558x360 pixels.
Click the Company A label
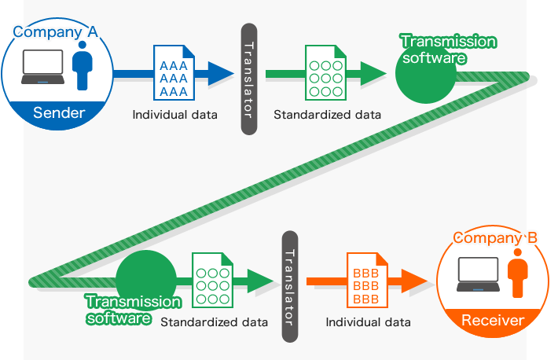coord(54,32)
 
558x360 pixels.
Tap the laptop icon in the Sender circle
coord(45,68)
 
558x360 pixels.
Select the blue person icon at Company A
coord(81,66)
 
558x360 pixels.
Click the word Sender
coord(59,113)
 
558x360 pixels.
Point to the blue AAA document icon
coord(172,73)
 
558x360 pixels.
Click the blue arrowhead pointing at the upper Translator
coord(222,74)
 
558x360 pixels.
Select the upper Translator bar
coord(248,79)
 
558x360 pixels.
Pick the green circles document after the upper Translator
coord(325,73)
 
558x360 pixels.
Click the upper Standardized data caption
coord(327,115)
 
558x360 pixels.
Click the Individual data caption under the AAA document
coord(174,115)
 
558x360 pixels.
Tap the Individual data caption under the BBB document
coord(368,322)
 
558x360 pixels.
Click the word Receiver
coord(492,320)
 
